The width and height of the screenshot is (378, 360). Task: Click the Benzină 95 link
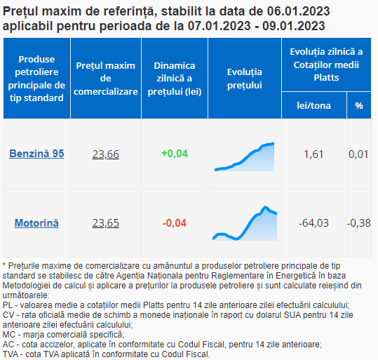36,154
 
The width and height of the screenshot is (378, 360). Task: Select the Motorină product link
36,223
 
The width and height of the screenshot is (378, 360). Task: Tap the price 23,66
106,154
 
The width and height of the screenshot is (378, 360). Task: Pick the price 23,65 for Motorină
106,223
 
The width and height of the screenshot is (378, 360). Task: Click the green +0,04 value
175,154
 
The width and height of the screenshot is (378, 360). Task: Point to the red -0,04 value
175,223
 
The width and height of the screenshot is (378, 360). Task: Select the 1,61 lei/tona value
313,154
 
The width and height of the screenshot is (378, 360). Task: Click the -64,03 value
313,223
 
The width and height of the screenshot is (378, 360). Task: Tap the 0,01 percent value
358,154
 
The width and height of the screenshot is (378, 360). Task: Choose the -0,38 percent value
359,223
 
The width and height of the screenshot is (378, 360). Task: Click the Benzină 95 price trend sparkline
245,156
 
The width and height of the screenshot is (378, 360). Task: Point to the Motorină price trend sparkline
245,223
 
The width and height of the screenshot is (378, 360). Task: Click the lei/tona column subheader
313,106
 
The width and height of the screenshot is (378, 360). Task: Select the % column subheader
359,106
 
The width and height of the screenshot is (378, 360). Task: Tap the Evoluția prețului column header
245,79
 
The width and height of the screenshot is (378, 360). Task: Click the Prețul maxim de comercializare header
106,79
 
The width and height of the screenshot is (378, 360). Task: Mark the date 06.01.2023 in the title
298,11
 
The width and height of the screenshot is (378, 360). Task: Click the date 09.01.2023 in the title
294,26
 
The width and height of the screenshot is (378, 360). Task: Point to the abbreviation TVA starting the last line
11,354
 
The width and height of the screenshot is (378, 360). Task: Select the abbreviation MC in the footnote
9,335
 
